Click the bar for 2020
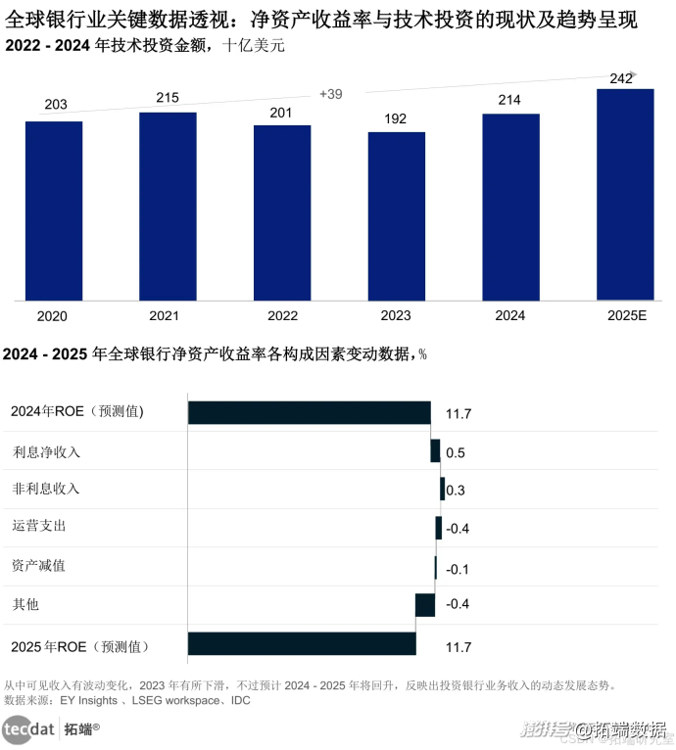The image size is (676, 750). [x=54, y=210]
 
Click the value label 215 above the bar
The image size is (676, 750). [x=169, y=98]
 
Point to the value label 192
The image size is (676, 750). [x=396, y=118]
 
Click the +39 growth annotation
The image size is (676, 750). [x=331, y=94]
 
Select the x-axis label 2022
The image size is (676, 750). [x=282, y=315]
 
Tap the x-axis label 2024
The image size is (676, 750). [x=510, y=315]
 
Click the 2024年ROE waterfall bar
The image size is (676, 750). [x=310, y=413]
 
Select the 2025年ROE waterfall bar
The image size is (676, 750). [x=302, y=644]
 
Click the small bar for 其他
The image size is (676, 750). [x=425, y=605]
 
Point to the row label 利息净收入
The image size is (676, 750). [x=46, y=452]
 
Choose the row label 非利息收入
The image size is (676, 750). [x=46, y=489]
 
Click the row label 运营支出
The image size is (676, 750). [x=39, y=527]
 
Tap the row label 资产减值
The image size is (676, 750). [x=39, y=566]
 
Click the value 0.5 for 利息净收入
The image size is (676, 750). [x=456, y=453]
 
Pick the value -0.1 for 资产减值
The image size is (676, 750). [x=458, y=569]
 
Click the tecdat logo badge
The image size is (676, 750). [x=29, y=728]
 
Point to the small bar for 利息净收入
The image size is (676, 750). [x=435, y=450]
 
